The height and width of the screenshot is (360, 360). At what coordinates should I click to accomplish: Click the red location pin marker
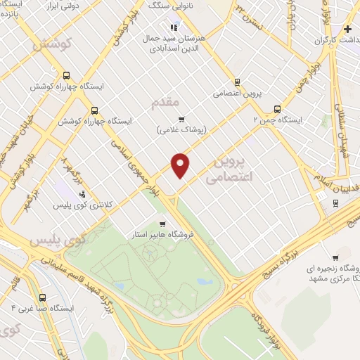tap(181, 165)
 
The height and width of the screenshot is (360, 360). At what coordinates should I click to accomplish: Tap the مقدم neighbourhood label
tap(166, 103)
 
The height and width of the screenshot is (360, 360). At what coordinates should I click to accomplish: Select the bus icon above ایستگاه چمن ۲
tap(277, 109)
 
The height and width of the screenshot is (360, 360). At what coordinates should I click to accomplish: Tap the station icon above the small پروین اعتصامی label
tap(237, 81)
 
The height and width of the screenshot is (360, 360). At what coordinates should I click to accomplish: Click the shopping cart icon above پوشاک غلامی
tap(181, 119)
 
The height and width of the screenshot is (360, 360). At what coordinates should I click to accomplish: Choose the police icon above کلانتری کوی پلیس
tap(82, 193)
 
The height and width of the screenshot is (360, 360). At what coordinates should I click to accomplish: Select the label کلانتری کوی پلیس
tap(83, 205)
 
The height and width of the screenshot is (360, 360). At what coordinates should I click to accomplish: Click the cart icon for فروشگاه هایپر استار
tap(162, 224)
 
